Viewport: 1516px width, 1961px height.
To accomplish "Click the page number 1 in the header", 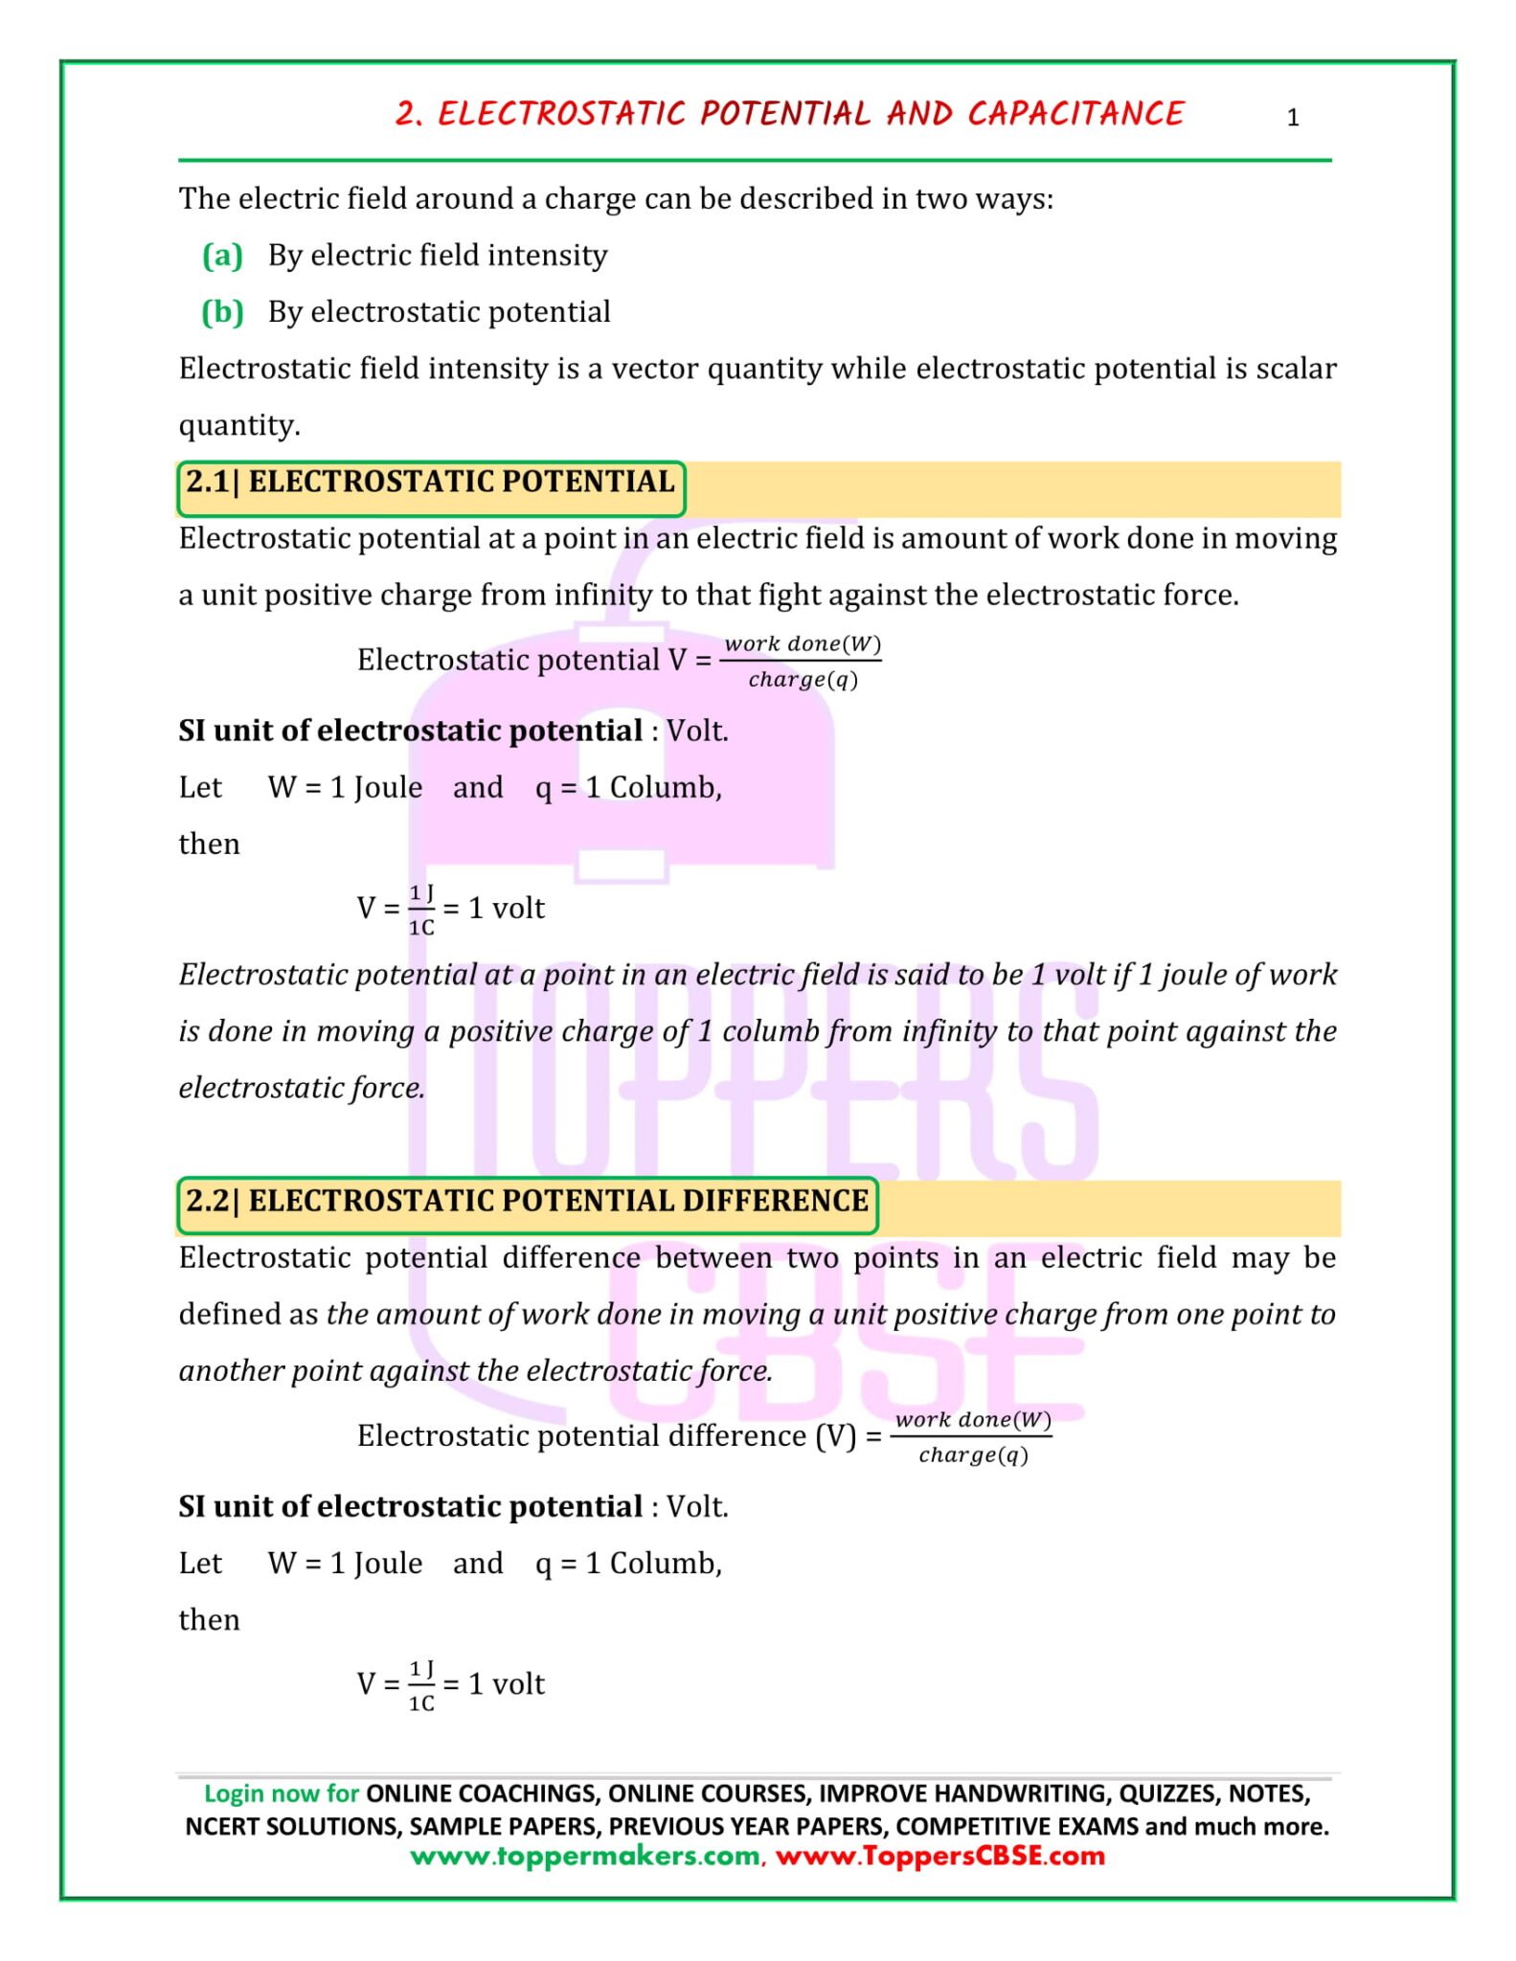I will point(1292,118).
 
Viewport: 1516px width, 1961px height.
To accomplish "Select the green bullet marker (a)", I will point(222,256).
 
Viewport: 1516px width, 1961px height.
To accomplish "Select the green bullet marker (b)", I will point(222,312).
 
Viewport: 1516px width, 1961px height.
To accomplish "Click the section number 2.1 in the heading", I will point(207,482).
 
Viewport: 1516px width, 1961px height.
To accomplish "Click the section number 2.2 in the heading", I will point(207,1201).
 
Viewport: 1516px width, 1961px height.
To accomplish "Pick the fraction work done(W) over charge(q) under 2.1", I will point(803,661).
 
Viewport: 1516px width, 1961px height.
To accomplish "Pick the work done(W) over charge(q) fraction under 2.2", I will point(973,1436).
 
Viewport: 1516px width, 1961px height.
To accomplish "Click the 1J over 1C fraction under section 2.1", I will point(421,910).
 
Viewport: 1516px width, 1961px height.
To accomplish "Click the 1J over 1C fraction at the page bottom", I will point(421,1685).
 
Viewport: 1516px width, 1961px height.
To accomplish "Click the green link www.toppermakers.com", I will point(585,1856).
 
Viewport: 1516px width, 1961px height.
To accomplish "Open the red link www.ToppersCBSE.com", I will point(939,1856).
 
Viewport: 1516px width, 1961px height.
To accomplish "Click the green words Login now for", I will point(282,1793).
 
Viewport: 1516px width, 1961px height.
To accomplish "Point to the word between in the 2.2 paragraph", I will point(713,1257).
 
